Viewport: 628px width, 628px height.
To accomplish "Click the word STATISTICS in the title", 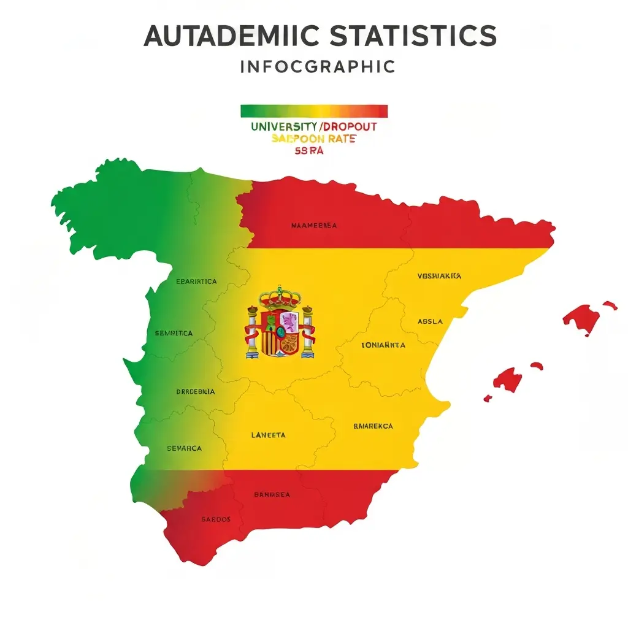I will point(413,36).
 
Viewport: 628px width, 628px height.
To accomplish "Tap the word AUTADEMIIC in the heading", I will point(232,36).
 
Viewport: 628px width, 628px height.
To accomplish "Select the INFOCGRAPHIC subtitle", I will point(318,66).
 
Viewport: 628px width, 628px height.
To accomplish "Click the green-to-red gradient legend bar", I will point(314,111).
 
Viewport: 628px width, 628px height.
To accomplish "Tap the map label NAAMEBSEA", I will point(313,226).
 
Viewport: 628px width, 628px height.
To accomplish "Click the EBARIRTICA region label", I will point(196,282).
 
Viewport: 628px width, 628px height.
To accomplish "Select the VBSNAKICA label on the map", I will point(439,277).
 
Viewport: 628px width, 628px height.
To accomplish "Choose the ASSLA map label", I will point(430,321).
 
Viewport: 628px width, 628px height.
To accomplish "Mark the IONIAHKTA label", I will point(383,345).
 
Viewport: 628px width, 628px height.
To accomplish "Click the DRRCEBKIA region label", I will point(195,391).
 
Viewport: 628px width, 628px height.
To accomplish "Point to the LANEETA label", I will point(269,435).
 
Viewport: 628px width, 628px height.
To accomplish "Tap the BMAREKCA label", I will point(373,426).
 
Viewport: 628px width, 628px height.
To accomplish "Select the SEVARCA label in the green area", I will point(184,449).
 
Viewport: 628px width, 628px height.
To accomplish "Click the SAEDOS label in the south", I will point(216,519).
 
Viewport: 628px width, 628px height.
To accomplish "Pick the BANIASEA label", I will point(272,494).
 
